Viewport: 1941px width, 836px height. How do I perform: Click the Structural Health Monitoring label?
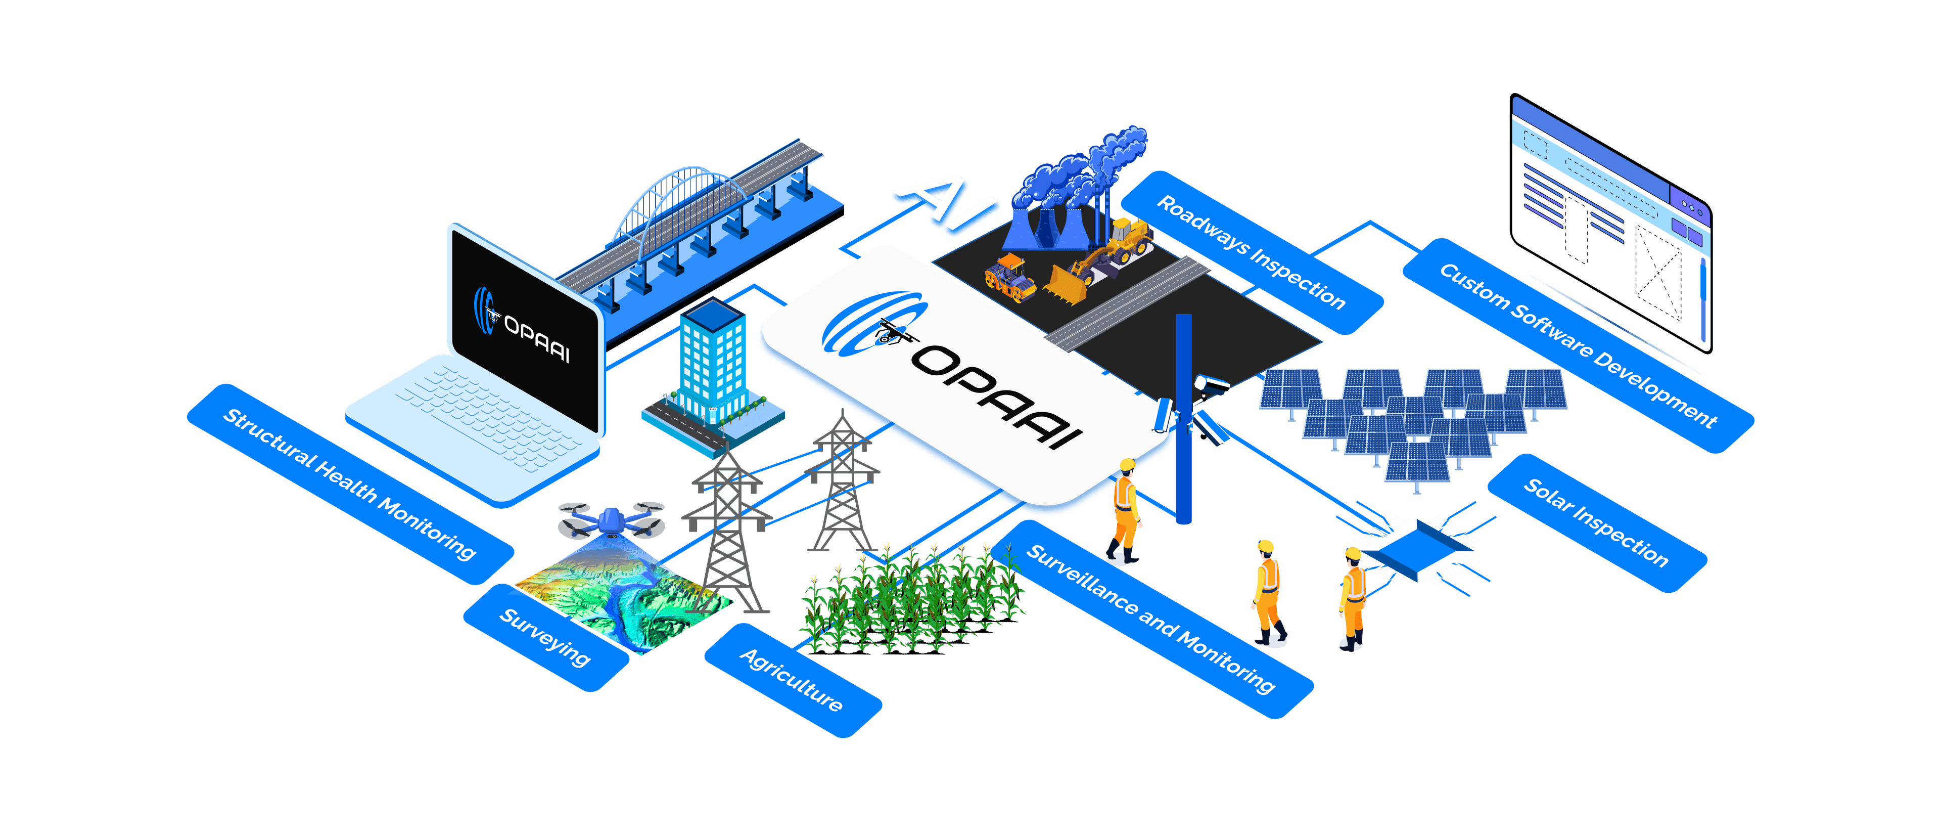tap(349, 484)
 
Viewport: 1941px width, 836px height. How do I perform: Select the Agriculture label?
tap(791, 680)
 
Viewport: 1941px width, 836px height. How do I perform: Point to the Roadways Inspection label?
tap(1251, 252)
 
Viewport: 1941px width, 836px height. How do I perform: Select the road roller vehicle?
tap(1010, 278)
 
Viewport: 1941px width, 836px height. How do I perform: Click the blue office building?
tap(712, 362)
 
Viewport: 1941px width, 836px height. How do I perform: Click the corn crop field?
tap(912, 599)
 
